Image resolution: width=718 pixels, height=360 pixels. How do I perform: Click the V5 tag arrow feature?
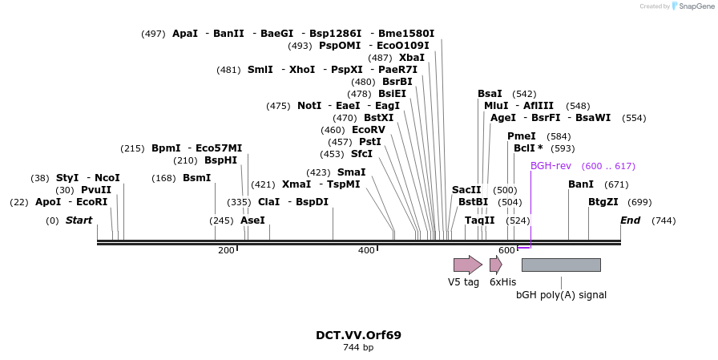467,265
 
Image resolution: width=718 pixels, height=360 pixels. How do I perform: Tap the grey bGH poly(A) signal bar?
561,265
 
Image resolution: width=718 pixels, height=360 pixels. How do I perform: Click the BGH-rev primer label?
551,166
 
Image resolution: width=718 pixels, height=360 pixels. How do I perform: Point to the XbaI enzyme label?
412,58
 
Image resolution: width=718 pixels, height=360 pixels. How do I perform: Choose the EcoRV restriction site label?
369,130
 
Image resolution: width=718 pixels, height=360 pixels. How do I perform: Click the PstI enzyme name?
370,142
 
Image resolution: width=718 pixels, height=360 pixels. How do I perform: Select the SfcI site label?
361,154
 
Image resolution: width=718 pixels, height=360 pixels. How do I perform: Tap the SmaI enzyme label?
351,172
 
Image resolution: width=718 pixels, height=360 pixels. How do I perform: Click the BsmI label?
197,178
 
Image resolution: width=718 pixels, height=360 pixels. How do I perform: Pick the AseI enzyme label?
252,220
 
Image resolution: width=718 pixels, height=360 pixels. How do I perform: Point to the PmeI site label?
522,136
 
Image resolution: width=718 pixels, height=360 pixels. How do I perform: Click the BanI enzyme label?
581,184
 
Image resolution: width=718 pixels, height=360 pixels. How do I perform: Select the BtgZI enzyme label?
603,202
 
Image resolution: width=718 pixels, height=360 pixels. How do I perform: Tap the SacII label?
466,190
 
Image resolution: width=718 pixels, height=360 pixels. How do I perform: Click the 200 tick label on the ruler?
226,251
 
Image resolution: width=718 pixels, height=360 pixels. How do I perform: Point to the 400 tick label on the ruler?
366,251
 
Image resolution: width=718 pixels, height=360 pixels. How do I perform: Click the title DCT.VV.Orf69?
358,335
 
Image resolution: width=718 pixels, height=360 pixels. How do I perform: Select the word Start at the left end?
79,220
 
